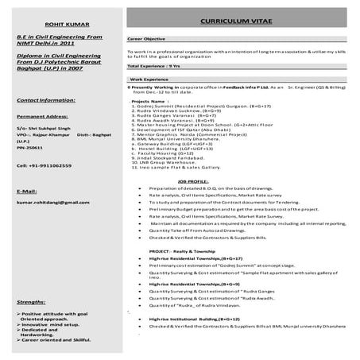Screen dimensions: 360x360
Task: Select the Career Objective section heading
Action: tap(148, 39)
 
